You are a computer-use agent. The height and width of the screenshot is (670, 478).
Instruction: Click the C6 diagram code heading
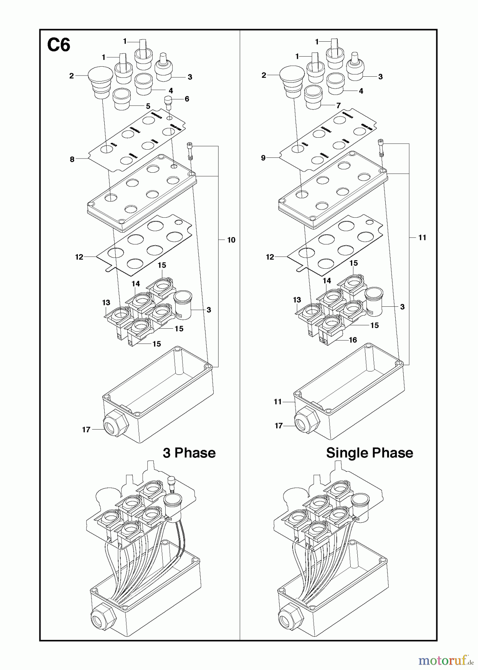(x=59, y=45)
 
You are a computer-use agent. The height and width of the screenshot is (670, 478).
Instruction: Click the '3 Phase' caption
(x=189, y=453)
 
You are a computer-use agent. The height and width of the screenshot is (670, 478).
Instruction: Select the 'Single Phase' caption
(x=369, y=453)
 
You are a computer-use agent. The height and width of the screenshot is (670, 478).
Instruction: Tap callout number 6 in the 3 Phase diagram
(x=187, y=99)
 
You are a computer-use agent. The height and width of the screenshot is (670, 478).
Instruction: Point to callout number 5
(x=148, y=106)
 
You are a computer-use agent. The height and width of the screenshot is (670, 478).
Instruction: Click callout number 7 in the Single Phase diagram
(x=338, y=106)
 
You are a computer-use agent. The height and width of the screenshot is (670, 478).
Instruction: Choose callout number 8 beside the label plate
(x=72, y=159)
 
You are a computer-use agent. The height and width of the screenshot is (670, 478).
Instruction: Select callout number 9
(x=263, y=158)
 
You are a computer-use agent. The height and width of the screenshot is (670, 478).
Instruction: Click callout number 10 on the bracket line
(x=231, y=240)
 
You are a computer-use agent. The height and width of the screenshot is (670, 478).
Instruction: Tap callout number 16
(x=353, y=340)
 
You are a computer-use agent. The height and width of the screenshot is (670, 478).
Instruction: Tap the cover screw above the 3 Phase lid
(x=190, y=150)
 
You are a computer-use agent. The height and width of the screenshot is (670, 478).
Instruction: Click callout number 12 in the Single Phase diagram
(x=270, y=257)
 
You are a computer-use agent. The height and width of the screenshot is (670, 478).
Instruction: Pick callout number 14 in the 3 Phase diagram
(x=136, y=284)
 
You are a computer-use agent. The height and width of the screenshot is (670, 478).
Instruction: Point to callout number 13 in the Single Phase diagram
(x=297, y=300)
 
